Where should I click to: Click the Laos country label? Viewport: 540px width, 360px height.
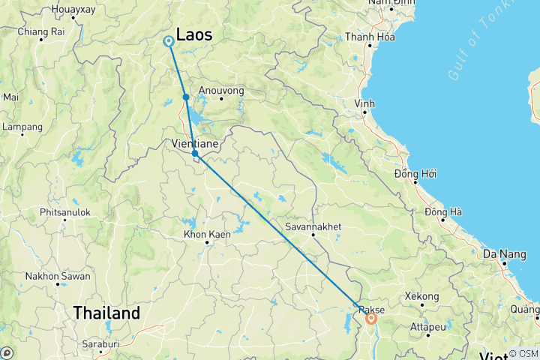(x=193, y=34)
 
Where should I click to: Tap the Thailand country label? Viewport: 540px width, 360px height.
(x=106, y=313)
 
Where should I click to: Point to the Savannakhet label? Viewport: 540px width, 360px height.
(x=313, y=226)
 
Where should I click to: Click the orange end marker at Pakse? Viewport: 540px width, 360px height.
(x=370, y=319)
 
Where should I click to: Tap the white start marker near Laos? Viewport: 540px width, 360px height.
(x=168, y=42)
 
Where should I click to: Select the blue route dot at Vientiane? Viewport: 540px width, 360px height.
(x=195, y=154)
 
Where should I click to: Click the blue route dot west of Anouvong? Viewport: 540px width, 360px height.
(x=185, y=97)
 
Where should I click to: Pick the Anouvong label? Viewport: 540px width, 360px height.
(x=221, y=91)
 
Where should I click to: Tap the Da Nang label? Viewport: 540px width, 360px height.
(x=505, y=254)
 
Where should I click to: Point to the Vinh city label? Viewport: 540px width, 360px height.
(x=364, y=103)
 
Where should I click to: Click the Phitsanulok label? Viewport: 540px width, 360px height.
(x=65, y=212)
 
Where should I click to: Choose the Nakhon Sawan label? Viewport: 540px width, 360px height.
(x=58, y=276)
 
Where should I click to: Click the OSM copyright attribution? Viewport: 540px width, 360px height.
(x=522, y=353)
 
